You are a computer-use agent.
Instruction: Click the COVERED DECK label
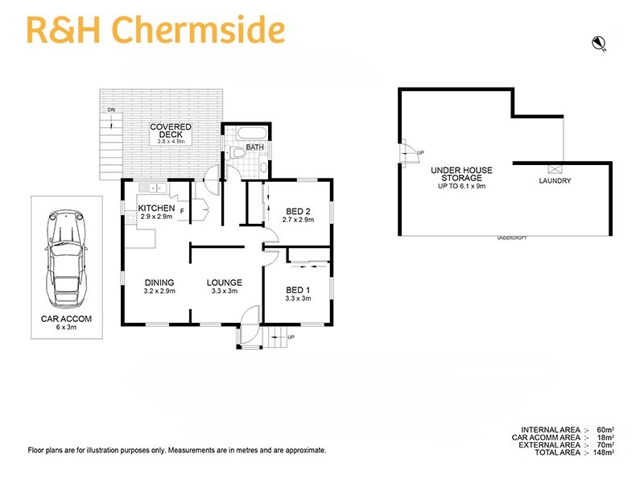[170, 130]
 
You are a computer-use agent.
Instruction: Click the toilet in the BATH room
[237, 151]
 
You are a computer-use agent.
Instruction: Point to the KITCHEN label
[156, 208]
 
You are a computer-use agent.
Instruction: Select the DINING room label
[159, 283]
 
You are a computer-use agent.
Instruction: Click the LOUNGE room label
[224, 283]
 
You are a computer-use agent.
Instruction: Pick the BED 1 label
[297, 290]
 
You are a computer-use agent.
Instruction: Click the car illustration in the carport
[66, 259]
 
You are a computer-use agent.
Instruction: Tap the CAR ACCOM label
[66, 319]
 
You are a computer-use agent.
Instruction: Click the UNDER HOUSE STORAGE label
[461, 174]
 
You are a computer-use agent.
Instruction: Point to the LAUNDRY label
[555, 181]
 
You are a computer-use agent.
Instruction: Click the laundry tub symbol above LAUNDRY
[554, 169]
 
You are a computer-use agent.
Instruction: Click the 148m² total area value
[603, 452]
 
